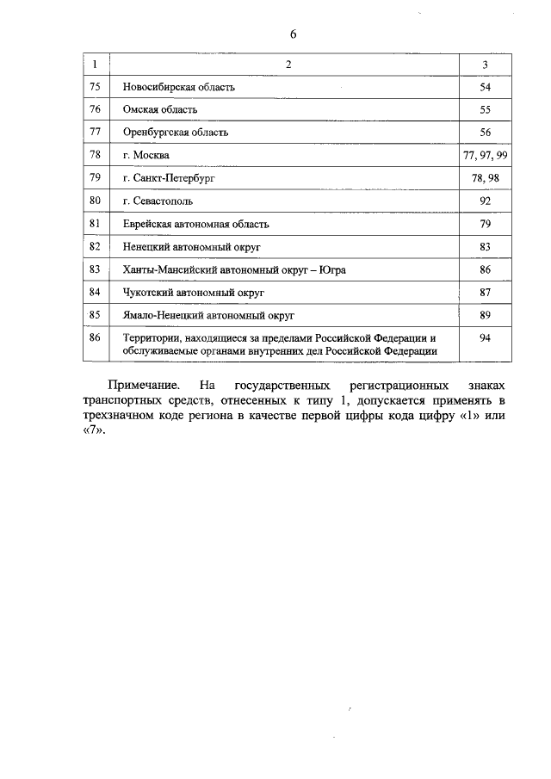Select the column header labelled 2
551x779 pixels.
tap(288, 65)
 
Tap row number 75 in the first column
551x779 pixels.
tap(96, 87)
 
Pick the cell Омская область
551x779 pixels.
tap(160, 110)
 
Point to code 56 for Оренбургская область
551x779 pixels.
tap(485, 133)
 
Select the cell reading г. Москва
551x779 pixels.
tap(146, 155)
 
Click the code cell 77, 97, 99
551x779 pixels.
tap(485, 155)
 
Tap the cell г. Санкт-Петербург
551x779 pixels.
tap(168, 178)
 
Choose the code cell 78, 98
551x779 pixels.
tap(485, 178)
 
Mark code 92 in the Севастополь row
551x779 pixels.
tap(485, 201)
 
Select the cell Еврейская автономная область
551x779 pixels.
tap(196, 224)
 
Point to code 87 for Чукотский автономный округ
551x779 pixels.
tap(485, 292)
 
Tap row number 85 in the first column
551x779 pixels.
tap(96, 315)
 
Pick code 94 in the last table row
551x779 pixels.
tap(485, 338)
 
